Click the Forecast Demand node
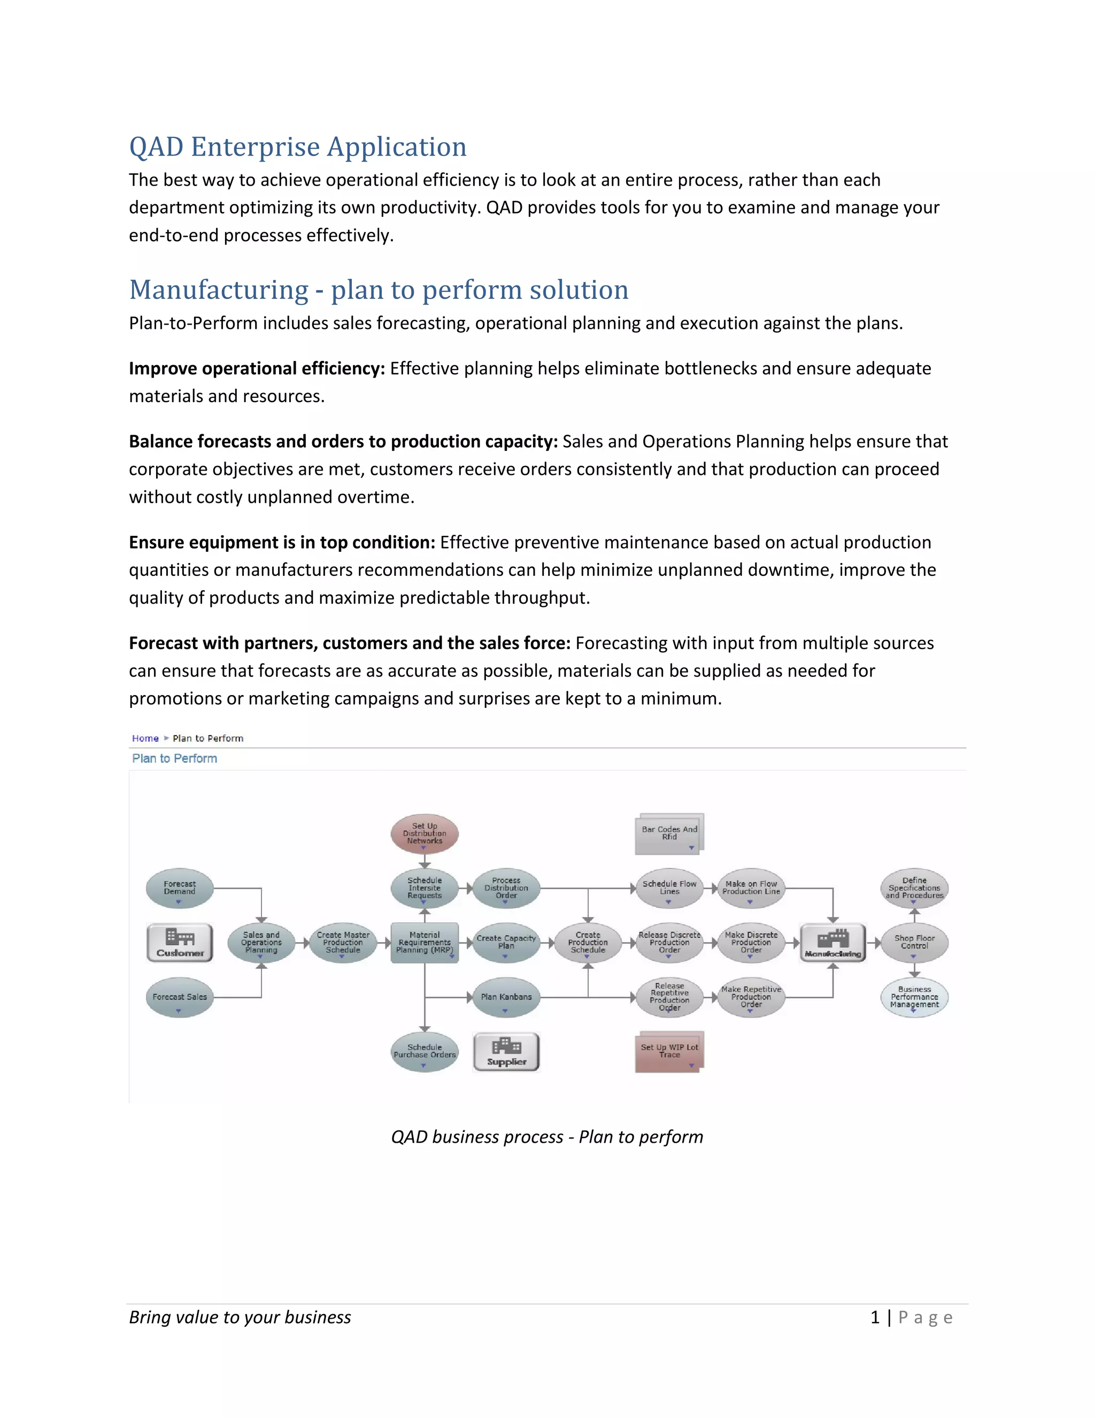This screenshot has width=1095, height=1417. click(180, 888)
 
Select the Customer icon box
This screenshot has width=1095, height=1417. click(180, 942)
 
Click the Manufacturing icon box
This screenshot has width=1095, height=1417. click(833, 943)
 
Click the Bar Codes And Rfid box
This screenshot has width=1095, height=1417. click(669, 834)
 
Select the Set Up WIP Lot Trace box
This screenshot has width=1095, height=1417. click(669, 1051)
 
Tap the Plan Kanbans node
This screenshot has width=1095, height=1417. click(506, 997)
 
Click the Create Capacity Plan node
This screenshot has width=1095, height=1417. click(506, 942)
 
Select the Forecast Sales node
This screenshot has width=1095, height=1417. click(180, 997)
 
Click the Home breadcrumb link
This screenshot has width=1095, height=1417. click(145, 738)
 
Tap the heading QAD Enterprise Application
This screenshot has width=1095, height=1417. click(298, 147)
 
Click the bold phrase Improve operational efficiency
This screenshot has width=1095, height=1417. click(257, 368)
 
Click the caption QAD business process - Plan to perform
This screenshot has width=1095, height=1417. click(547, 1137)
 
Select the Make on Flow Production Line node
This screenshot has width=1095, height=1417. click(751, 888)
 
